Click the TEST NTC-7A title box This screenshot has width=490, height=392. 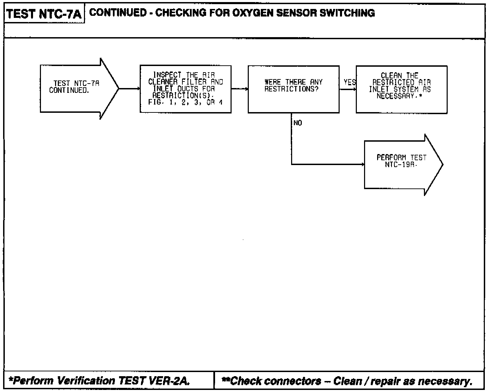[x=44, y=14]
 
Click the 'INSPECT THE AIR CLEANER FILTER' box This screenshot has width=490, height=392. [x=185, y=89]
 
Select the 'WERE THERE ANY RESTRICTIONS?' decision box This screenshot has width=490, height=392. [x=294, y=89]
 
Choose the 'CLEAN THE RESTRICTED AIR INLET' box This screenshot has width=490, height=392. [x=402, y=89]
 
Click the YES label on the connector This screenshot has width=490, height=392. [x=350, y=82]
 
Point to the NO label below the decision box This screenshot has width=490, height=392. [x=298, y=123]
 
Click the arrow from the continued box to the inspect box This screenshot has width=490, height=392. [x=129, y=89]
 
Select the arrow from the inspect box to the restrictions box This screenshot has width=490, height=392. [x=239, y=89]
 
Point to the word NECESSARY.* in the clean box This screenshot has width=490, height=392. [x=399, y=96]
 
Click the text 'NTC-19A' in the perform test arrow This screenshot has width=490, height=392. [x=401, y=164]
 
